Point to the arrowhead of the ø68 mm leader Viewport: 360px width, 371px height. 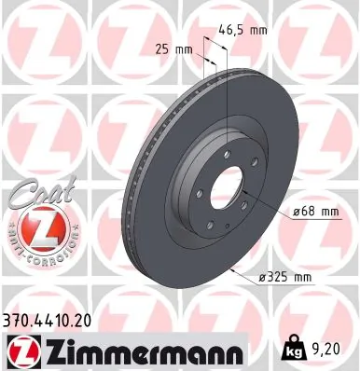click(243, 197)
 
